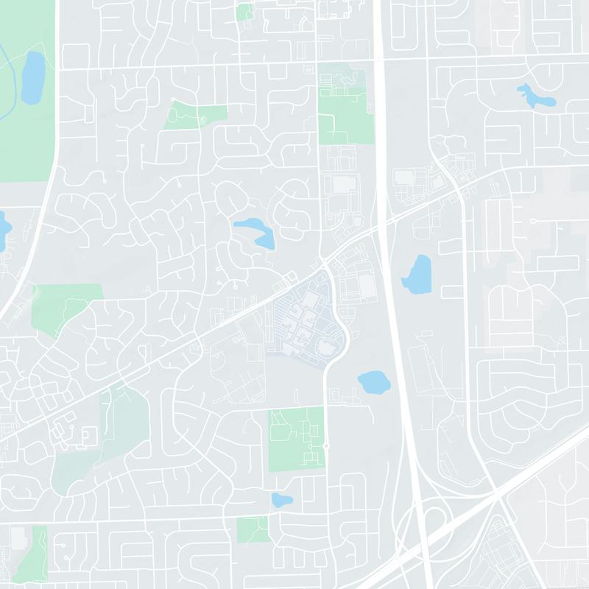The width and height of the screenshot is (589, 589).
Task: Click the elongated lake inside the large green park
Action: [x=32, y=77]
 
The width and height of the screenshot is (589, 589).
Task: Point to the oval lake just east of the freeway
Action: [x=417, y=273]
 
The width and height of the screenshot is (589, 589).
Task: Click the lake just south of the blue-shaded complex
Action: [x=375, y=382]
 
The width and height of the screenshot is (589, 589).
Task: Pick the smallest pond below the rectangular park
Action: [x=281, y=501]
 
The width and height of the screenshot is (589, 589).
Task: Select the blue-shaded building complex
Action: [x=302, y=324]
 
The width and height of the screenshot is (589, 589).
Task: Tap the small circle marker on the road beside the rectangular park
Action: [x=325, y=445]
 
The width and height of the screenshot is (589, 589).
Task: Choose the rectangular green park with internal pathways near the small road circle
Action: [x=295, y=439]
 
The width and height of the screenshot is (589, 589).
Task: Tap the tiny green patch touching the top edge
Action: [x=244, y=10]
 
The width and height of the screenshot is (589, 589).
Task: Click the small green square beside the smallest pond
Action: [x=253, y=529]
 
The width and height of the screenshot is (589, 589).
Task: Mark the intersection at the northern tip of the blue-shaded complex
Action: [x=324, y=263]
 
